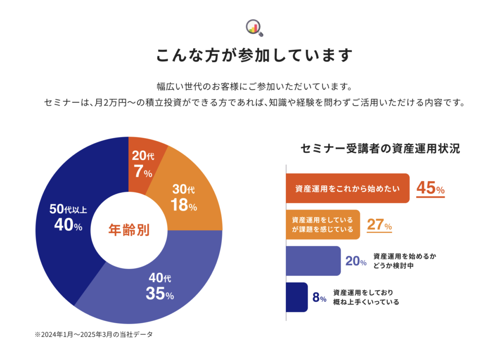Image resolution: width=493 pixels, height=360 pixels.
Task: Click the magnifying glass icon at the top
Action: (254, 28)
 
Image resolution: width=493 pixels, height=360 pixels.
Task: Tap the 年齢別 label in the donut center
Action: (129, 230)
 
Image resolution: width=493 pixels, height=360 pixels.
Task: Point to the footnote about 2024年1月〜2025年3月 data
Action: (94, 334)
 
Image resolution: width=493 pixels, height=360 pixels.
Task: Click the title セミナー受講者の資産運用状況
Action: (380, 149)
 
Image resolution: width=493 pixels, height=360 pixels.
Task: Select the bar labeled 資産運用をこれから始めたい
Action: (348, 188)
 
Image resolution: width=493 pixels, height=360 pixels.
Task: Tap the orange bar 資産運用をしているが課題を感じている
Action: (323, 225)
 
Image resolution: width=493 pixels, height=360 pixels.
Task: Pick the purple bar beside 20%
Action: (313, 261)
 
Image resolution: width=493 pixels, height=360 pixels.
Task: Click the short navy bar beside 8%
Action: (297, 297)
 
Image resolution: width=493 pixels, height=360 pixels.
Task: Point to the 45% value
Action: (430, 188)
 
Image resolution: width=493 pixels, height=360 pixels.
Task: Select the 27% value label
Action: (379, 225)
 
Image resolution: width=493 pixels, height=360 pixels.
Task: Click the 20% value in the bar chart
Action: (355, 261)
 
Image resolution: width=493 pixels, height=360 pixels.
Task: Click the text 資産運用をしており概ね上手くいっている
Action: (366, 297)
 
